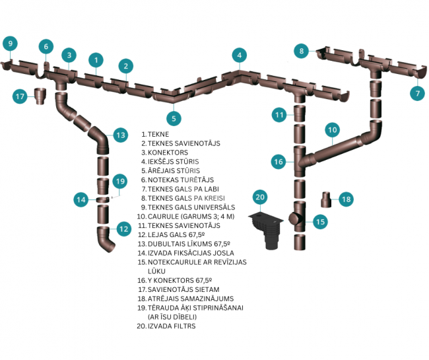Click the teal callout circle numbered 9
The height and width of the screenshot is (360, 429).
click(x=11, y=44)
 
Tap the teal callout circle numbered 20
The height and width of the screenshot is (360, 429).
click(x=260, y=197)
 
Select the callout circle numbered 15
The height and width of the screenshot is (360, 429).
click(x=320, y=221)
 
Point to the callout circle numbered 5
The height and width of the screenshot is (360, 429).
click(x=174, y=118)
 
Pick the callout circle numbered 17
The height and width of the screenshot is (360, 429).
click(x=20, y=96)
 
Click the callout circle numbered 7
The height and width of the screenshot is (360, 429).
click(x=418, y=93)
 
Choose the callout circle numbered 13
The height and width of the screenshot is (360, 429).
click(x=120, y=135)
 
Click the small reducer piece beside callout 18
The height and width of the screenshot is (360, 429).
click(x=326, y=199)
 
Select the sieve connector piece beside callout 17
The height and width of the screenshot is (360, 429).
click(x=40, y=96)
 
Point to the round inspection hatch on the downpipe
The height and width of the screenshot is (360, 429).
click(x=294, y=218)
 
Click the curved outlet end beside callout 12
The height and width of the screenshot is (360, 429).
click(x=106, y=239)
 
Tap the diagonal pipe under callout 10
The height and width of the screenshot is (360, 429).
click(x=339, y=148)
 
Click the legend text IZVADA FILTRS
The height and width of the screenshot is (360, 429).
click(x=172, y=326)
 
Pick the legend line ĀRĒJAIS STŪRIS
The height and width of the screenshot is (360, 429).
click(x=174, y=170)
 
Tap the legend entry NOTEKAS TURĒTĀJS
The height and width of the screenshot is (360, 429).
click(x=181, y=180)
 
